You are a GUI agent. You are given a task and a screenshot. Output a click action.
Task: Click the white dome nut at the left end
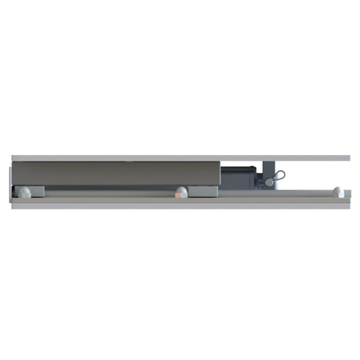tap(24, 192)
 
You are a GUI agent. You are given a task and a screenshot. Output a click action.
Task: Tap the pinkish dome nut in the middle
tap(181, 192)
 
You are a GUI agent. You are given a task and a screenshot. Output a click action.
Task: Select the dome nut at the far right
tap(337, 192)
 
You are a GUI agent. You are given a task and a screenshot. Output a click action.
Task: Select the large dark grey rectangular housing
tap(116, 174)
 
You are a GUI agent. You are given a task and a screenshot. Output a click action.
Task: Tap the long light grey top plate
tap(180, 158)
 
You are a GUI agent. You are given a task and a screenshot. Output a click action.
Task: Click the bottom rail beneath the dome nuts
tap(180, 203)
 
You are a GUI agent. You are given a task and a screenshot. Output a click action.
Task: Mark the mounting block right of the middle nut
tap(203, 191)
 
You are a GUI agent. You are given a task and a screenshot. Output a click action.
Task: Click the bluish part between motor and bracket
tap(260, 177)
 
